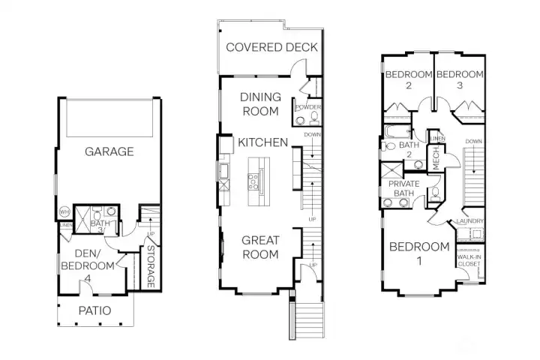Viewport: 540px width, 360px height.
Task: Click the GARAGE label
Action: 109,151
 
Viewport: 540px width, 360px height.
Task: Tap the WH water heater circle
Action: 64,212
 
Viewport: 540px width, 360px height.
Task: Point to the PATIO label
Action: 94,310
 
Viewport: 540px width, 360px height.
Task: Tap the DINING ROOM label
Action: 260,104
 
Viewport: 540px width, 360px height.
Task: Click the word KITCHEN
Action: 263,142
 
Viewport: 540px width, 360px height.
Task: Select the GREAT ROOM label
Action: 260,247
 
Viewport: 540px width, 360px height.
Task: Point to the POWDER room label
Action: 309,108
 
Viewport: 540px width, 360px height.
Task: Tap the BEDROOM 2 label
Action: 409,79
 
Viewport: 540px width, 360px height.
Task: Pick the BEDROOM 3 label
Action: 458,79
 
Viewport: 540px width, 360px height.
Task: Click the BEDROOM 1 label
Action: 420,253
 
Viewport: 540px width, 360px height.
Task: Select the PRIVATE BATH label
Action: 403,187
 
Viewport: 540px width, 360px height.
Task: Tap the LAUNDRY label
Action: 469,221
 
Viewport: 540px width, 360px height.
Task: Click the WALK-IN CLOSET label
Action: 470,260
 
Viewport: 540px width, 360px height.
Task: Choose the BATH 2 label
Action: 409,149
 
